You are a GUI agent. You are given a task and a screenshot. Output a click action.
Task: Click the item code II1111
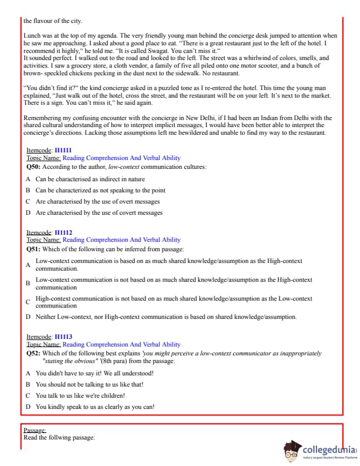pyautogui.click(x=63, y=151)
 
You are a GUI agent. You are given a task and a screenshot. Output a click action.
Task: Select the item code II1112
pyautogui.click(x=63, y=233)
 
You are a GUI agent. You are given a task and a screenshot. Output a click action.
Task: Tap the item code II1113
pyautogui.click(x=63, y=337)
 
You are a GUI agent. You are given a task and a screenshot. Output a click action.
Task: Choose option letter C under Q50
pyautogui.click(x=28, y=202)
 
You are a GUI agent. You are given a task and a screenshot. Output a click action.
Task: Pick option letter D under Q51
pyautogui.click(x=28, y=317)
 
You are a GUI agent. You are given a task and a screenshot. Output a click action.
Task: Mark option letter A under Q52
pyautogui.click(x=28, y=373)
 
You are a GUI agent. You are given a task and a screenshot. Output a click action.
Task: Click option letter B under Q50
pyautogui.click(x=28, y=191)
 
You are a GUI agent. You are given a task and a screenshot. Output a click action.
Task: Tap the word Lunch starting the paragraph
pyautogui.click(x=32, y=36)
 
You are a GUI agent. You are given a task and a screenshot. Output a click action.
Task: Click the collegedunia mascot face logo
pyautogui.click(x=292, y=450)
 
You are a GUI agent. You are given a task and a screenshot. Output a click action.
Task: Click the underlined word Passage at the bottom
pyautogui.click(x=35, y=431)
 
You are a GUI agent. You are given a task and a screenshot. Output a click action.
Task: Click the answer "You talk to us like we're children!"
pyautogui.click(x=80, y=395)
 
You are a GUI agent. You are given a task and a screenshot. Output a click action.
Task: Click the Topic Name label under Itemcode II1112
pyautogui.click(x=44, y=240)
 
